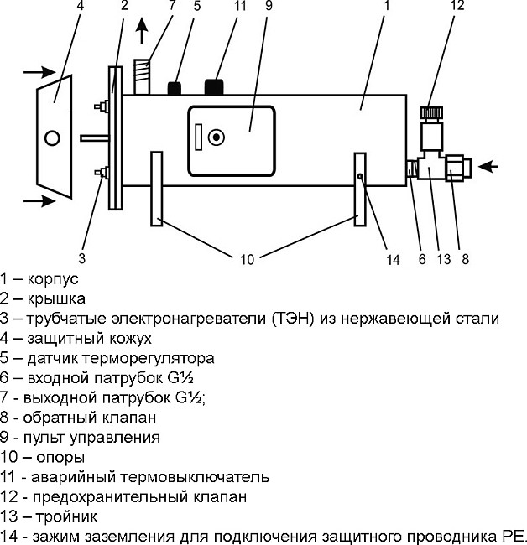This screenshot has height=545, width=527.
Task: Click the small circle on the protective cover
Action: point(52,137)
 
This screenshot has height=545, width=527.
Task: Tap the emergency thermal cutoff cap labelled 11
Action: point(216,86)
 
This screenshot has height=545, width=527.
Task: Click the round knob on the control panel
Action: point(217,137)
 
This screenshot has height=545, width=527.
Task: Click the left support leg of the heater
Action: point(156,188)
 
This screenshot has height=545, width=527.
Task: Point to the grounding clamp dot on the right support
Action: point(359,177)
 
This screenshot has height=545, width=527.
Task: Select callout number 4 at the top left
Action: point(56,8)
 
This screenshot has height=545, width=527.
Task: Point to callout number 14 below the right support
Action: point(394,259)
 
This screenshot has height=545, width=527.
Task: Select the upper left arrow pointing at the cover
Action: point(39,72)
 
